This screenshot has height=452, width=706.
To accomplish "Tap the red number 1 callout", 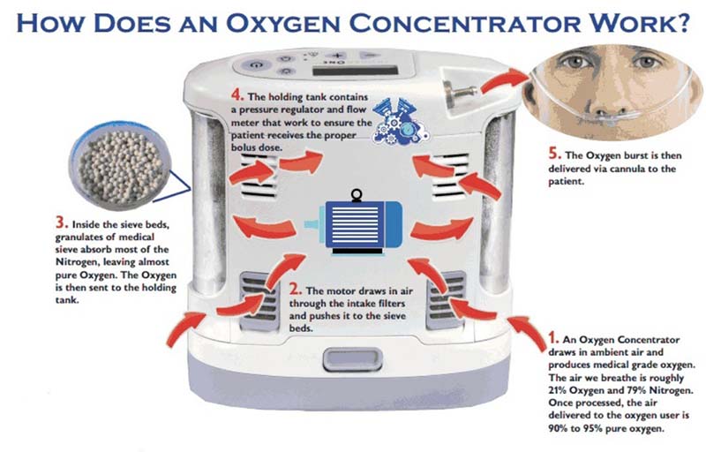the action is (x=554, y=337).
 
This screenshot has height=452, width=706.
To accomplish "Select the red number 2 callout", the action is (x=295, y=289).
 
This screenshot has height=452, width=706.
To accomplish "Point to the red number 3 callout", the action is (x=62, y=222).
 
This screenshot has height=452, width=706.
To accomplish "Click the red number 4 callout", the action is (x=237, y=95).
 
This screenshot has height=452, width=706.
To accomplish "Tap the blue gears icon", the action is (x=400, y=121).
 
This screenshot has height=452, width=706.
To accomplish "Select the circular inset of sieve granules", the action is (x=120, y=166).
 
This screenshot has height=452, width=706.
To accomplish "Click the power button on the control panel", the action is (x=256, y=65).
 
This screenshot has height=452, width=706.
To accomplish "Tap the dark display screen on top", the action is (x=356, y=71).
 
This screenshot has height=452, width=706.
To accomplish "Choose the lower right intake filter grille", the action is (x=446, y=300).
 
